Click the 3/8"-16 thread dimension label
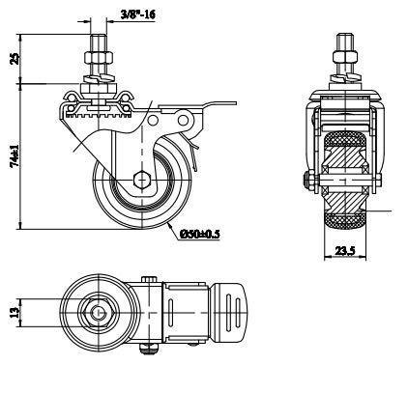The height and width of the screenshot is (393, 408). click(x=137, y=14)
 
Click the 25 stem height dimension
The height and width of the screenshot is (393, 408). click(x=15, y=59)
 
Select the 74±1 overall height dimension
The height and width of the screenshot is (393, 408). click(x=15, y=155)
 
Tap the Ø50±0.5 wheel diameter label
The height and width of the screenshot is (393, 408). click(x=200, y=234)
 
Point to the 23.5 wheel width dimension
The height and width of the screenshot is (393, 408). click(x=345, y=250)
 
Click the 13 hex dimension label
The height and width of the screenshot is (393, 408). click(x=15, y=312)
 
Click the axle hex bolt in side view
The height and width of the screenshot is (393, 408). click(x=142, y=180)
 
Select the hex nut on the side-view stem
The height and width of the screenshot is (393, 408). click(x=99, y=58)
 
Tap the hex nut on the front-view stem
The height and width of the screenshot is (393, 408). click(x=345, y=58)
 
